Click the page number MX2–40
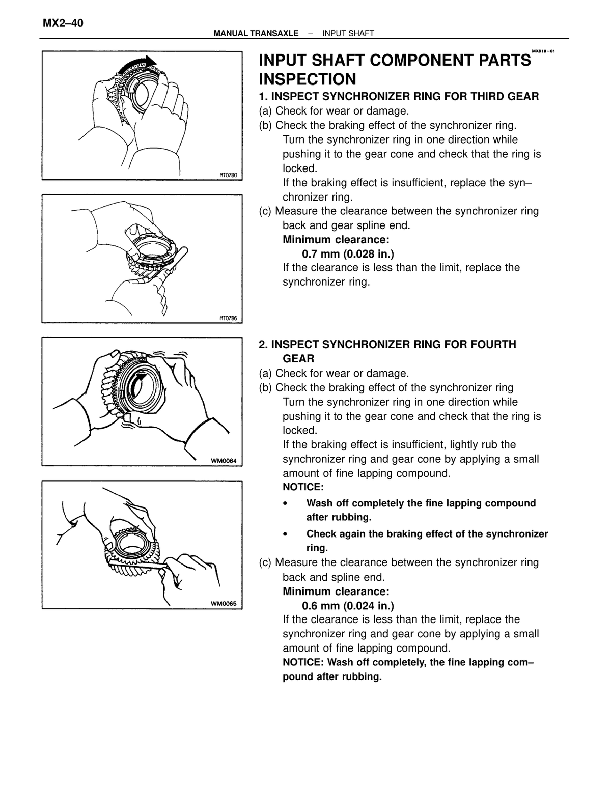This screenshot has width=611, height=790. [x=63, y=23]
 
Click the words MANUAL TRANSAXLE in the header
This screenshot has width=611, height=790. [x=256, y=33]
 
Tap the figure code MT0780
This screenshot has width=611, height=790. [x=228, y=175]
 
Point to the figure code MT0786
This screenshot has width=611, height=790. [x=228, y=318]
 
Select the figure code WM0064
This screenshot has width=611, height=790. [x=224, y=461]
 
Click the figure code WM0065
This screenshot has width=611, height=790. [x=224, y=604]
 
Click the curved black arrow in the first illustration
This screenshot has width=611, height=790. [x=138, y=64]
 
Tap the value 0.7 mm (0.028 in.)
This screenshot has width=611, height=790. [x=348, y=254]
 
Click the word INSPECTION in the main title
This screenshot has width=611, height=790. [x=308, y=79]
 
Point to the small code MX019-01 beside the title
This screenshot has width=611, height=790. [x=543, y=51]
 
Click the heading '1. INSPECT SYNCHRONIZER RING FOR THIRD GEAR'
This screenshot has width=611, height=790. [x=399, y=96]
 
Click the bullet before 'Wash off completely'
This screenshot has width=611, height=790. [x=285, y=503]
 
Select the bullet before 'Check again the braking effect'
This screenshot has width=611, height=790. [x=285, y=534]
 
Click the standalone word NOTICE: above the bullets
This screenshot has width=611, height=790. [x=303, y=487]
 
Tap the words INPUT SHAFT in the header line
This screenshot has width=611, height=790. [x=348, y=33]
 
